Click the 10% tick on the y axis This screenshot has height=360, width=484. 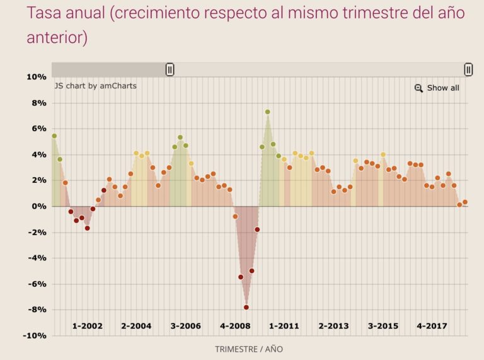coord(36,77)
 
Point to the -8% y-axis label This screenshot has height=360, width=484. coord(36,310)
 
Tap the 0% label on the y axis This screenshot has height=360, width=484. coord(38,206)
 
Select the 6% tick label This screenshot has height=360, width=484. coord(38,129)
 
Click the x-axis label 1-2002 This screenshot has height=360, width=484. coord(87,326)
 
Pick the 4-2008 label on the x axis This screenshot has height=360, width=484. coord(235,326)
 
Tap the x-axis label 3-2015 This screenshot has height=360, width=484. coord(383,326)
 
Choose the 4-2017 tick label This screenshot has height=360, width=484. coord(432,326)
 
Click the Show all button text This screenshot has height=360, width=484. coord(443,88)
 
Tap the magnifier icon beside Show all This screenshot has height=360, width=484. coord(418,88)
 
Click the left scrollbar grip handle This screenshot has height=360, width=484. coord(170,69)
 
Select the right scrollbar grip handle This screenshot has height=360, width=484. coord(468,69)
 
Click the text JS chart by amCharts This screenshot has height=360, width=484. coord(95,86)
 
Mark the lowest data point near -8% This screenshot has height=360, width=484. coord(246,307)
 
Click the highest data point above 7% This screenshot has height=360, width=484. coord(267,112)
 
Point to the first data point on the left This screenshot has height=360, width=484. coord(54,136)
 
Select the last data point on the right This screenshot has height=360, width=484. coord(465,202)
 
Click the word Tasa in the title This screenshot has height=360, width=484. coord(46,14)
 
